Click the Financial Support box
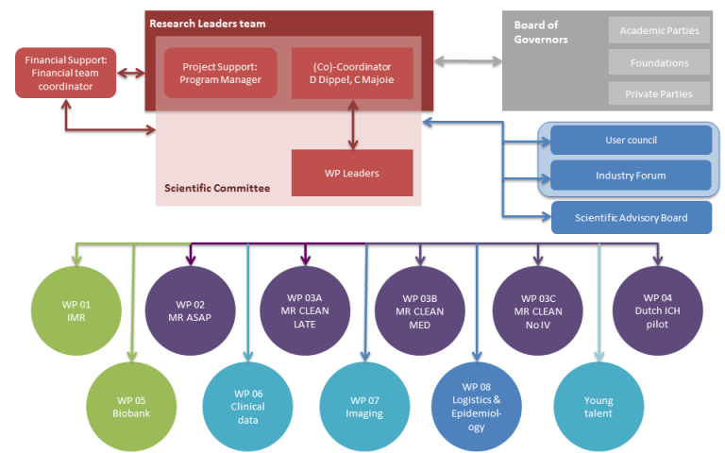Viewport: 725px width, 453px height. point(65,74)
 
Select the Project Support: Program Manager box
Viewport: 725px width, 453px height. point(220,73)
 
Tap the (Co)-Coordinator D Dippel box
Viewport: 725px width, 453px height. point(351,73)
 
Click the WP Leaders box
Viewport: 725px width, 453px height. point(351,173)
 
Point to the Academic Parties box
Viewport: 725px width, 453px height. point(659,31)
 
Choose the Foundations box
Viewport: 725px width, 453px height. point(659,63)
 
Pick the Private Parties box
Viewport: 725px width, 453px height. point(659,94)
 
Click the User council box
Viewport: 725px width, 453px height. point(631,141)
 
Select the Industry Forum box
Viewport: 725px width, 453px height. point(631,176)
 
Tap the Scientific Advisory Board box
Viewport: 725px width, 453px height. point(631,218)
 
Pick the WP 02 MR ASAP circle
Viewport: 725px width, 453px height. point(190,311)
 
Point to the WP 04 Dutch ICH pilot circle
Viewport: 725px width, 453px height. point(657,311)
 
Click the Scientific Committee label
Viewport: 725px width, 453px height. point(217,189)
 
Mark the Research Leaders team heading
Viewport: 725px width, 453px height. point(208,24)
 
